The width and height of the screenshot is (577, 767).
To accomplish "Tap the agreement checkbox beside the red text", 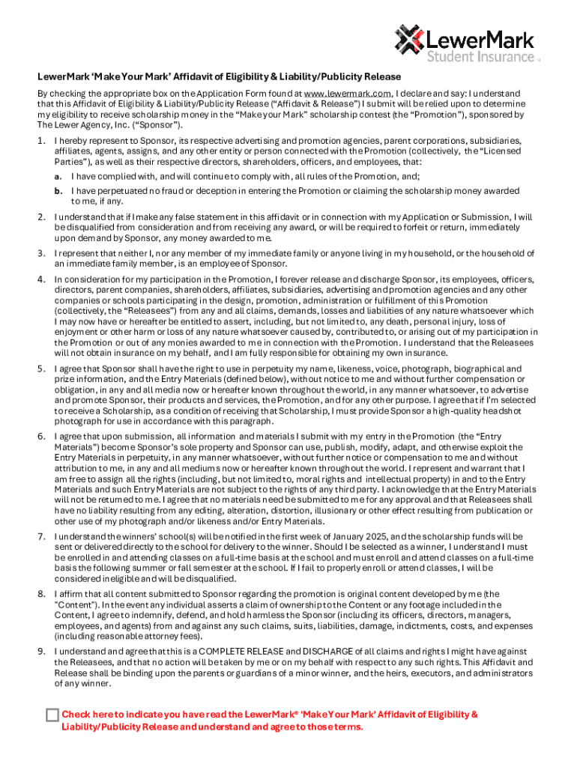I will tap(52, 715).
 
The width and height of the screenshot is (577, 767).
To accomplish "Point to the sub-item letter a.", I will tap(58, 177).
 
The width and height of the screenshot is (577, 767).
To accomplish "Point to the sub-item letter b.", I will tap(58, 191).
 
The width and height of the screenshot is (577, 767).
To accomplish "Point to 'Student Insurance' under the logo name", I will tap(480, 56).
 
